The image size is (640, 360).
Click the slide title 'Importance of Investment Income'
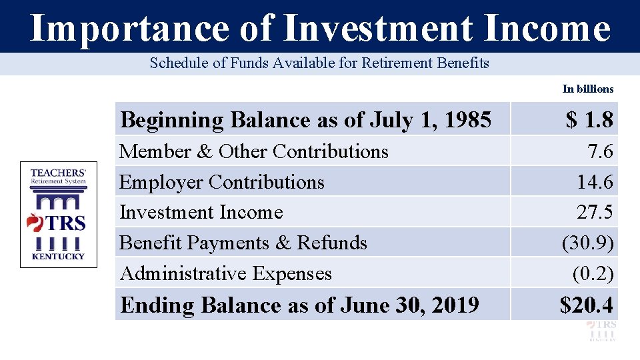click(320, 28)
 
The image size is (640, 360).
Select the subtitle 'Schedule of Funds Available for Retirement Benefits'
click(319, 63)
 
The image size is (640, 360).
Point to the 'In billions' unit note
click(587, 89)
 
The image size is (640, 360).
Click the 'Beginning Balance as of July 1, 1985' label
click(305, 120)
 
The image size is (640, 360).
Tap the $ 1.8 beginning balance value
click(589, 120)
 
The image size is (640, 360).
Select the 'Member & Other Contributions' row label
click(253, 151)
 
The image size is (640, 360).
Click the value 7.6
click(599, 152)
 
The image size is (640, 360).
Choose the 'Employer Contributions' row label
click(221, 182)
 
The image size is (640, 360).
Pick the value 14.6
click(595, 183)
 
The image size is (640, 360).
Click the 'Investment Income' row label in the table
click(201, 212)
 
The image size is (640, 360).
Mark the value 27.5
click(595, 213)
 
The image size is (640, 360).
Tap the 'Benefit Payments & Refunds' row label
click(243, 243)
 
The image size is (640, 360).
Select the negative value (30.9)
click(587, 243)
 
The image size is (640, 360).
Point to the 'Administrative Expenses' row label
click(225, 273)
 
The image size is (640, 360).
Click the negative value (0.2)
click(592, 273)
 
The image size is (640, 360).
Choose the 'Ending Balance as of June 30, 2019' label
click(299, 305)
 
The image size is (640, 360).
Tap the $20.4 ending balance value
click(586, 305)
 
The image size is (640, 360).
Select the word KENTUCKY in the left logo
click(58, 257)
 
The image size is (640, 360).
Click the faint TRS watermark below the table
click(601, 330)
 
